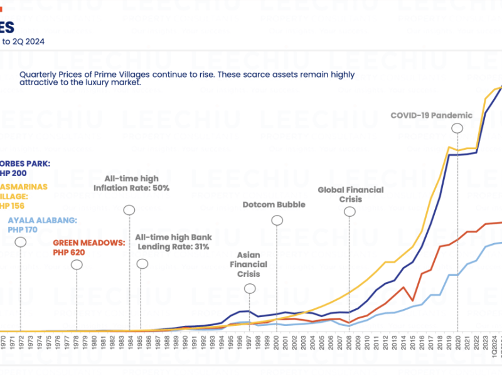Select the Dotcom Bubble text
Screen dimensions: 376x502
(274, 204)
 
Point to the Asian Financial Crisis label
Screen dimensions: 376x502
(252, 264)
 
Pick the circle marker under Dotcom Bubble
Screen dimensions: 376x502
(277, 220)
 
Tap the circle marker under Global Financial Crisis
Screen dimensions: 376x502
(350, 212)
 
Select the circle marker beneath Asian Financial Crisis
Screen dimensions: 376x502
(250, 288)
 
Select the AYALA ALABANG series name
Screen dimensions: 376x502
(42, 220)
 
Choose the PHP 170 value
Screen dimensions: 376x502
(24, 230)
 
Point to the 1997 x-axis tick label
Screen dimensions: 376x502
(250, 343)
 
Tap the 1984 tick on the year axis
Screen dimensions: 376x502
(129, 343)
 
